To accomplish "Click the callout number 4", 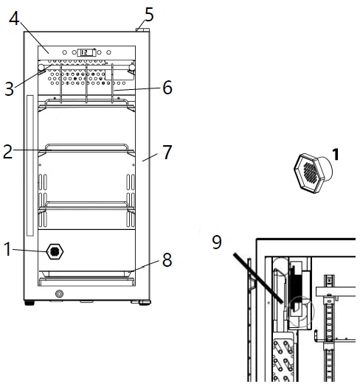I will [14, 18].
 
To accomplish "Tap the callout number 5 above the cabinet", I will [149, 14].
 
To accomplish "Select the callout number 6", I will [167, 88].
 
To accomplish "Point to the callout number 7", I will [167, 153].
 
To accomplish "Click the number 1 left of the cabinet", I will [7, 251].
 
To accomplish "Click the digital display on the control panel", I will [87, 52].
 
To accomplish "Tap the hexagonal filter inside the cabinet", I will [54, 251].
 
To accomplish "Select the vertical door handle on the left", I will [30, 162].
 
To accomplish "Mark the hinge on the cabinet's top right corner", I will [141, 29].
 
